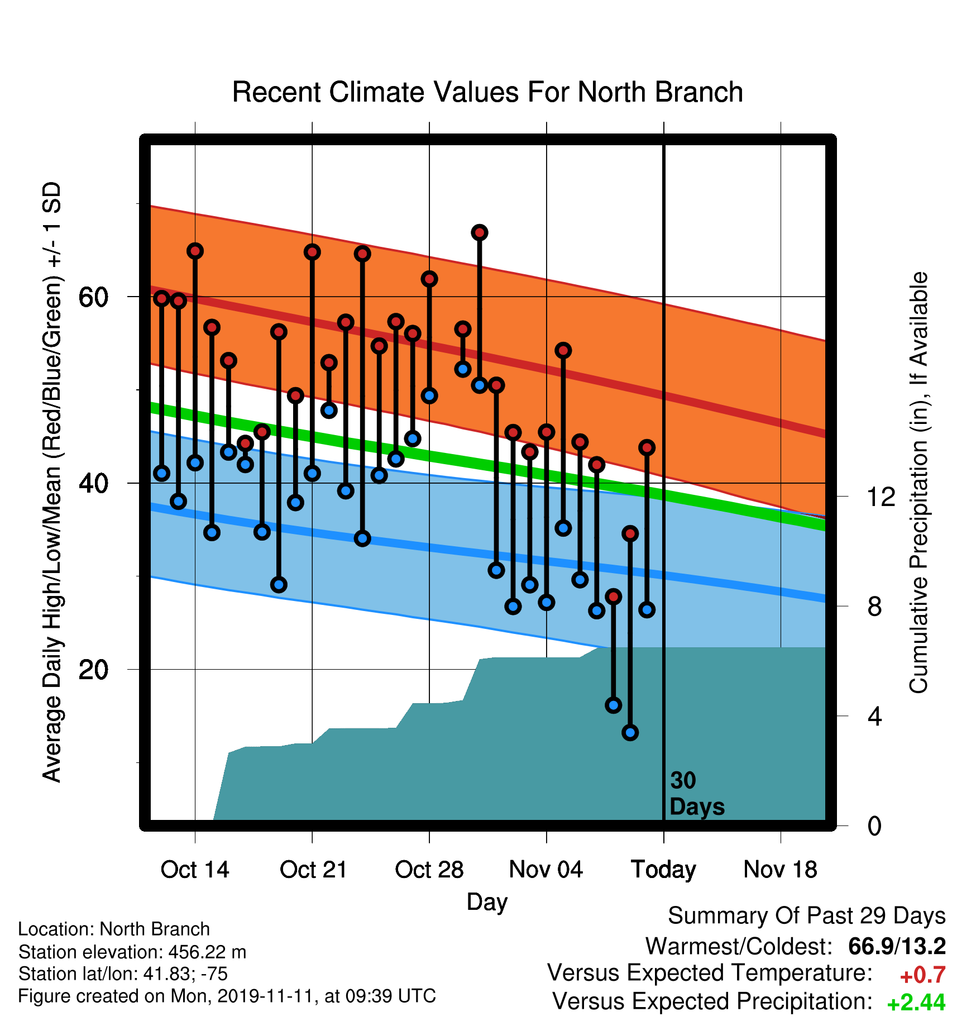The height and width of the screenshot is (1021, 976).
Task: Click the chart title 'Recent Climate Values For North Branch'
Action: click(x=487, y=92)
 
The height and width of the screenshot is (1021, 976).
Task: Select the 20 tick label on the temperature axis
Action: click(x=93, y=669)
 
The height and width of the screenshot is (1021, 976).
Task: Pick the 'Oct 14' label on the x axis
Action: click(x=195, y=870)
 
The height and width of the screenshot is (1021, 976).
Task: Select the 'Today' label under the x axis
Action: click(x=663, y=870)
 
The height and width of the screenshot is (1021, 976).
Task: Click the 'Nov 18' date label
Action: click(x=781, y=870)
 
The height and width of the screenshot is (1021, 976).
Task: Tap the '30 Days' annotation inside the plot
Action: click(x=697, y=794)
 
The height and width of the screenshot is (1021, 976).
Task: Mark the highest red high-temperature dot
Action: click(x=480, y=232)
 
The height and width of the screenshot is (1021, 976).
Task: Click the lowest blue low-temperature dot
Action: click(x=630, y=732)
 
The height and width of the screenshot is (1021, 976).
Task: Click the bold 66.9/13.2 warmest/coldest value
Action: click(x=897, y=946)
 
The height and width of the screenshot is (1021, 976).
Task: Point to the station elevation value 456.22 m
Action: click(x=207, y=952)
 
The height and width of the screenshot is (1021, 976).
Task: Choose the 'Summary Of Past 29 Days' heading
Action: click(x=807, y=916)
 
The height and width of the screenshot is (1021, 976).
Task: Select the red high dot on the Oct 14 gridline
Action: click(x=195, y=251)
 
